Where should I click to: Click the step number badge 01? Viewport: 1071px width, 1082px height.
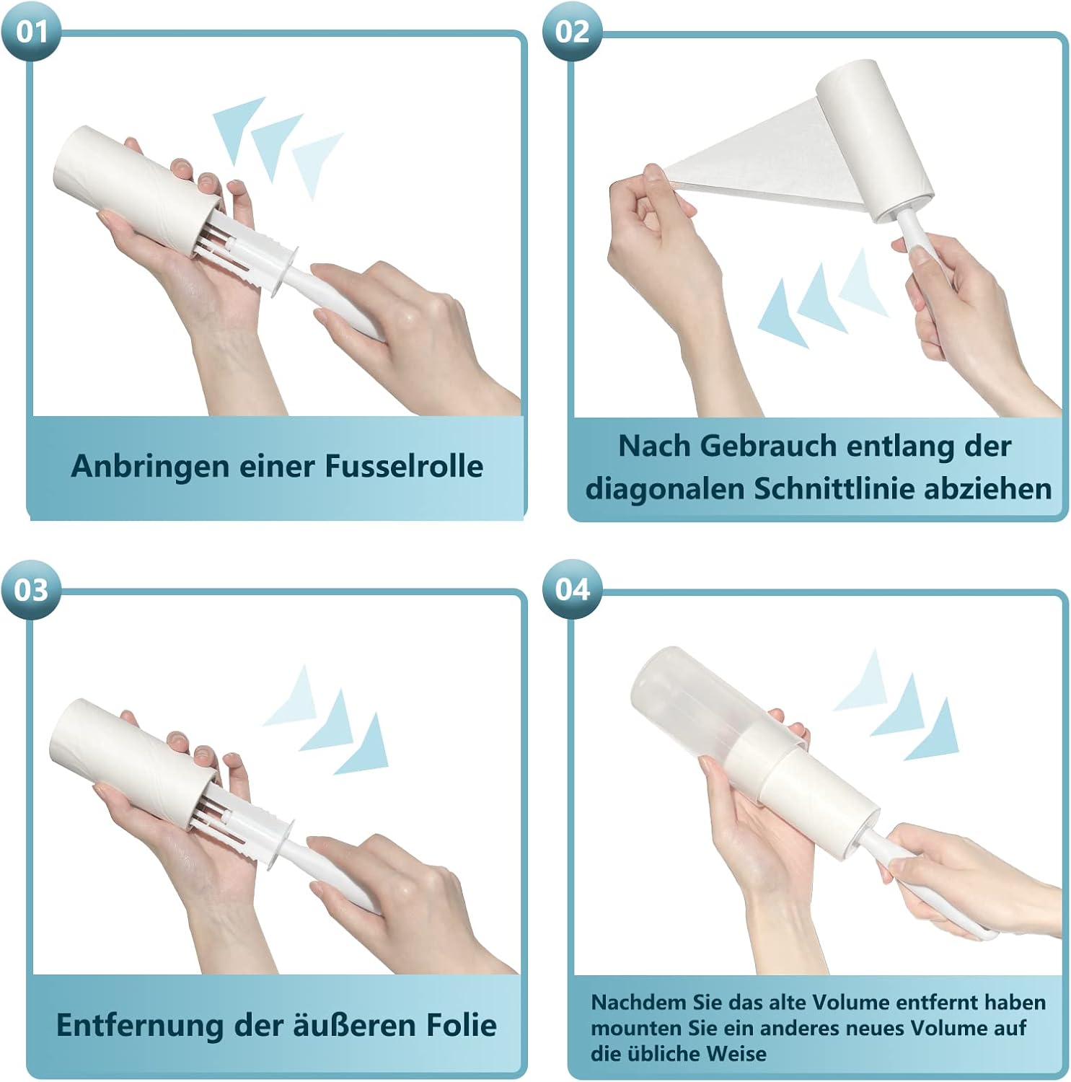[x=31, y=31]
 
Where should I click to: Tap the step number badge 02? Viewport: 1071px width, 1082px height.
[x=573, y=31]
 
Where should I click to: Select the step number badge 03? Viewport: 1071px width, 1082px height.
[x=31, y=589]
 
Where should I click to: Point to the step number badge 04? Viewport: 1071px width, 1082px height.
[x=573, y=589]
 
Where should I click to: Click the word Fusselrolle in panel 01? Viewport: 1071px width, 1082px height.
[x=404, y=466]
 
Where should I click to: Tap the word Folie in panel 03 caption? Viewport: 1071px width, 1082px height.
[x=459, y=1024]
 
